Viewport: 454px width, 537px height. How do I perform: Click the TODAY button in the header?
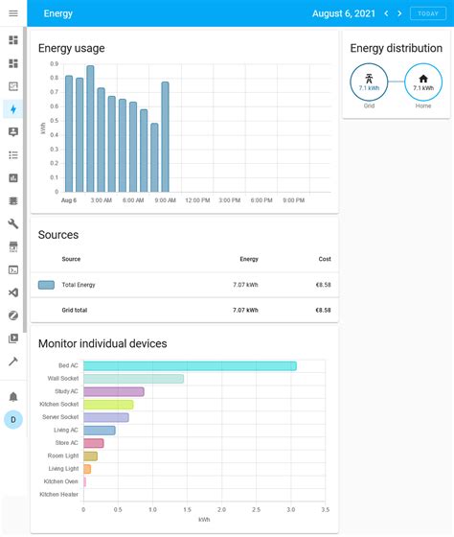click(x=427, y=13)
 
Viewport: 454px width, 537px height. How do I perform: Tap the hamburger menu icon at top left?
click(x=13, y=13)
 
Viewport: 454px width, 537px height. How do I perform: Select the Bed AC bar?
click(x=190, y=365)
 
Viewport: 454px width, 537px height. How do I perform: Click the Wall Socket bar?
click(x=133, y=379)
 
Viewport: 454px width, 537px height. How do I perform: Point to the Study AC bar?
click(x=113, y=391)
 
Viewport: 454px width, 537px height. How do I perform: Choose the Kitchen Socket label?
click(x=60, y=405)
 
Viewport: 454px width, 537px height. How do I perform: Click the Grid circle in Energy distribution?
click(x=369, y=82)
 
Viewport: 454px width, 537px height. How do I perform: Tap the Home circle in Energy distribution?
click(x=423, y=82)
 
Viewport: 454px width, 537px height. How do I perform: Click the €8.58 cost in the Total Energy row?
click(x=323, y=285)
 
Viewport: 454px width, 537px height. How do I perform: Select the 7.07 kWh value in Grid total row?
click(x=245, y=310)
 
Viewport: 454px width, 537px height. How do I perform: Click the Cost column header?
click(x=325, y=259)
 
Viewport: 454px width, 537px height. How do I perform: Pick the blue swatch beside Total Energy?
click(x=46, y=285)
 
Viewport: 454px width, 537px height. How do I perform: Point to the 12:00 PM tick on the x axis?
click(x=197, y=200)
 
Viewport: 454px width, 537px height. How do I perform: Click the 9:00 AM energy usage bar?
click(x=165, y=136)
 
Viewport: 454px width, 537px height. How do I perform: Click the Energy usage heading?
click(x=71, y=48)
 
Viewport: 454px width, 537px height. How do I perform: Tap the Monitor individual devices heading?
click(x=102, y=343)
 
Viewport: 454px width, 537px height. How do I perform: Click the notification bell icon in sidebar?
click(x=13, y=395)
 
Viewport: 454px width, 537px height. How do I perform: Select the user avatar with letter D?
click(x=13, y=419)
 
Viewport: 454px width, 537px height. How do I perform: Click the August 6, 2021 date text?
click(x=344, y=13)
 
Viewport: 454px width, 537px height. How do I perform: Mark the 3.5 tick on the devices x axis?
click(x=326, y=510)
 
